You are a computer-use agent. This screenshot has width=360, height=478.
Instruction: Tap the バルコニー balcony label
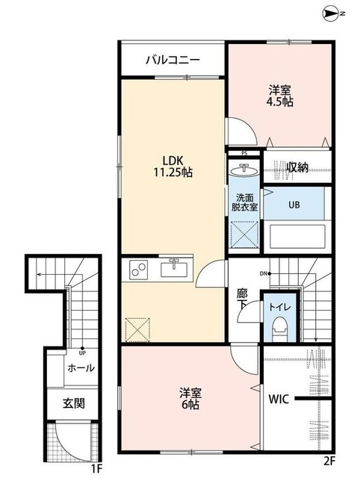tap(173, 60)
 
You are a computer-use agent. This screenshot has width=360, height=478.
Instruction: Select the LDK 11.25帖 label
tap(173, 167)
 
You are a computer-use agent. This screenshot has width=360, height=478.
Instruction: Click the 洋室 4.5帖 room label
tap(280, 96)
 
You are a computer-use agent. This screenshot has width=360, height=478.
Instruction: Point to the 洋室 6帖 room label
tap(190, 398)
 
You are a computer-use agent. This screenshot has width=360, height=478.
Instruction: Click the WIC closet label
tap(279, 399)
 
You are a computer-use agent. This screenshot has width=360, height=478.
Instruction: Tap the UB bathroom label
tap(294, 205)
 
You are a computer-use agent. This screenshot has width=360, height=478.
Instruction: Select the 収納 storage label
tap(298, 167)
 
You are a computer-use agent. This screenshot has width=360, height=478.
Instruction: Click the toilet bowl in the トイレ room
tap(279, 329)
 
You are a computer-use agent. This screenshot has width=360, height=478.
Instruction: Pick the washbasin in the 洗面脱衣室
tap(244, 170)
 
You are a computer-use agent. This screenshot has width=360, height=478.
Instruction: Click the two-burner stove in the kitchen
tap(139, 270)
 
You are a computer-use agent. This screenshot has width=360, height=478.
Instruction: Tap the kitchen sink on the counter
tap(174, 268)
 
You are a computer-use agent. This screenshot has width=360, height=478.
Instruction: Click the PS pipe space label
tap(244, 153)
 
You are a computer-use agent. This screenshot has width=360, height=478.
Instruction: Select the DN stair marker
tap(264, 273)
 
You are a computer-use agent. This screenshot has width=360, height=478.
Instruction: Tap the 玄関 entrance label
tap(74, 403)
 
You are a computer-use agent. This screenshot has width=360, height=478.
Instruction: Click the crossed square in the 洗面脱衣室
tap(244, 234)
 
